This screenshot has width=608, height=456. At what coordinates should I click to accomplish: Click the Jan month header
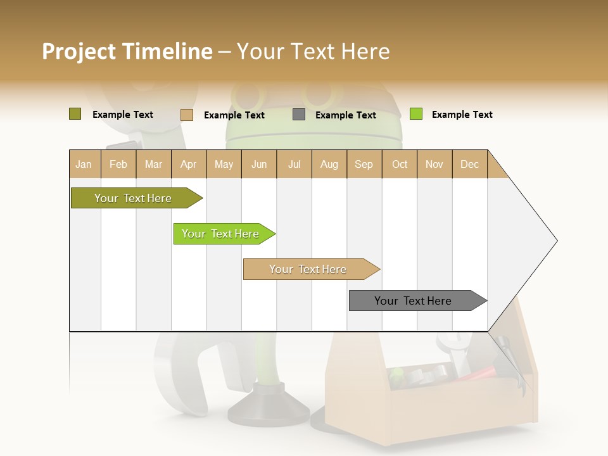[84, 164]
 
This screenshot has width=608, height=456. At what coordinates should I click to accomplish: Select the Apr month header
[189, 164]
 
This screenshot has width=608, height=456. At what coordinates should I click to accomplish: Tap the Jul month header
[294, 164]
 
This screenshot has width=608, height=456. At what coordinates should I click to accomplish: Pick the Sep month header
[364, 164]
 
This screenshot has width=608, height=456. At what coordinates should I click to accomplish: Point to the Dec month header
[469, 164]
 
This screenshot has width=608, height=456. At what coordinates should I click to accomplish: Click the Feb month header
[118, 164]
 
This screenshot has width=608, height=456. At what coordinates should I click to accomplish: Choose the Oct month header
[400, 164]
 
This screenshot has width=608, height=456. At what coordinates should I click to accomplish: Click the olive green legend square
[75, 114]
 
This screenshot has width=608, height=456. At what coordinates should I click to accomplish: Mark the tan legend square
[186, 115]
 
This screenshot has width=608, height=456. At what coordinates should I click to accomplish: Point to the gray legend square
[299, 115]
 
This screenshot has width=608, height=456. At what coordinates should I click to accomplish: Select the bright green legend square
[415, 114]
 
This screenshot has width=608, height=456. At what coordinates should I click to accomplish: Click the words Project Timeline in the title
[127, 51]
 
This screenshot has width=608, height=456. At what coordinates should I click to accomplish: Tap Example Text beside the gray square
[346, 115]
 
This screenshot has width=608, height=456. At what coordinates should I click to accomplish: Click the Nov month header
[434, 164]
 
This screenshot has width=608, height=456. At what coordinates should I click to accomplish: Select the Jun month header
[259, 164]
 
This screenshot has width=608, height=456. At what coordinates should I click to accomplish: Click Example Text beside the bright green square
[462, 115]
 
